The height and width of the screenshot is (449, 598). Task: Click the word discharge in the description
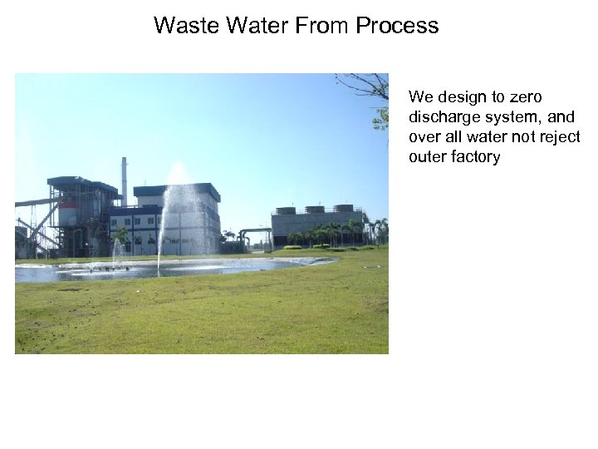442,117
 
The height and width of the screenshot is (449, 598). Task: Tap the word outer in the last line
427,157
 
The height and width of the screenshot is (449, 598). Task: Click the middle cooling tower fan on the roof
315,210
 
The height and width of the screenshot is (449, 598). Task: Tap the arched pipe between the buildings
252,232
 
